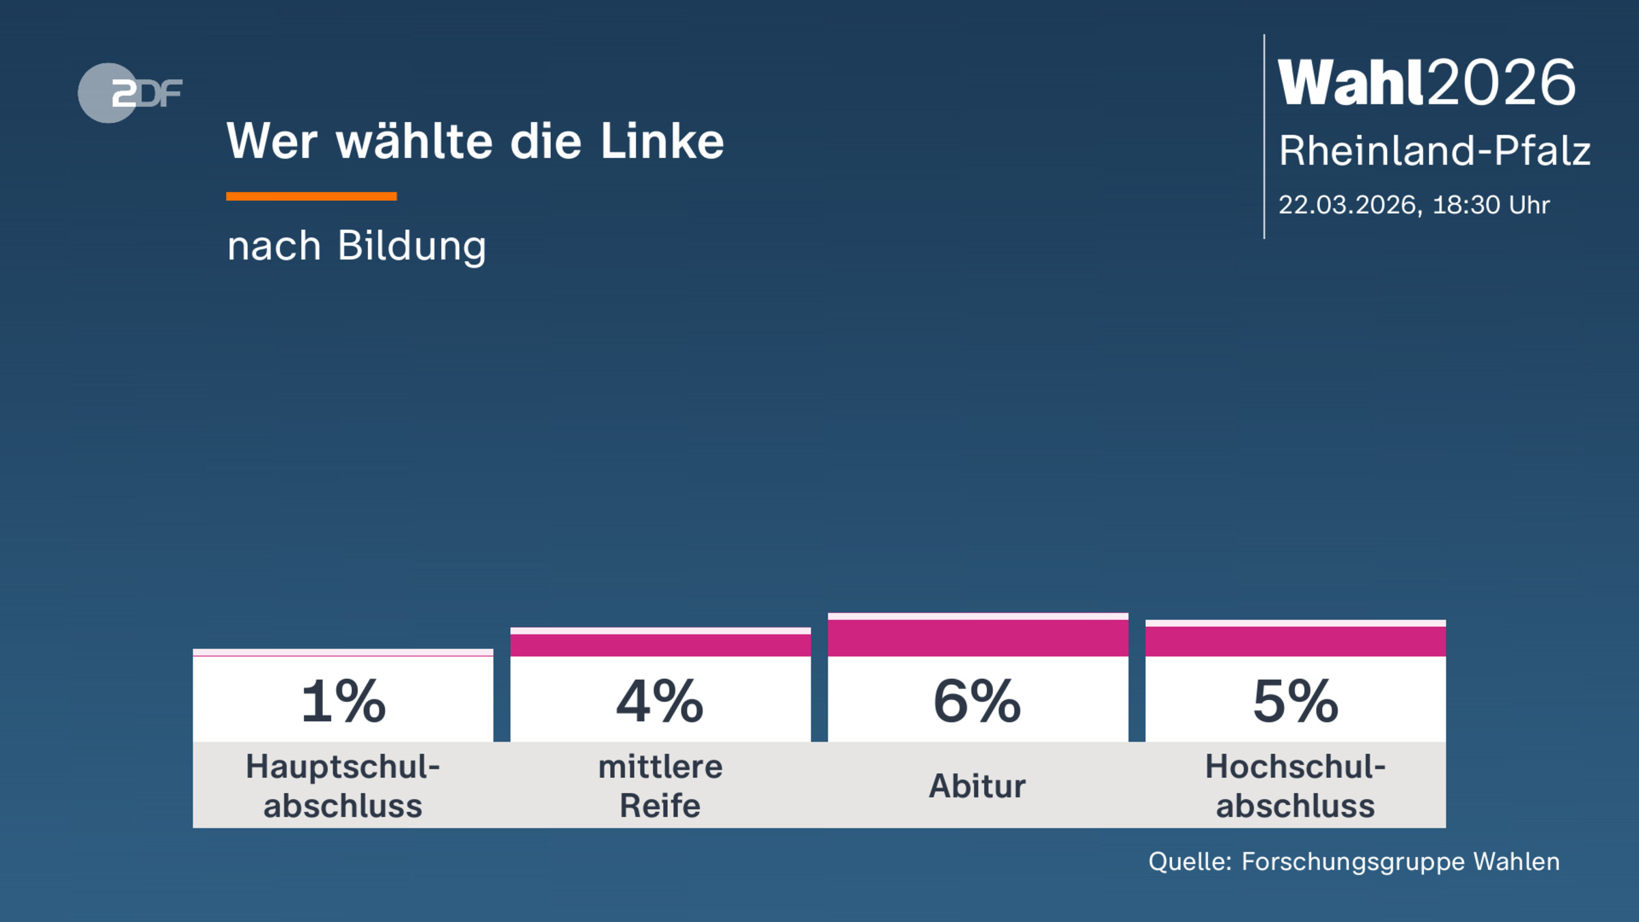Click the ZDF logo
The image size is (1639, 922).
[130, 93]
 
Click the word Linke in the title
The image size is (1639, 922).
[662, 142]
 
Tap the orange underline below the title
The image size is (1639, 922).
[311, 196]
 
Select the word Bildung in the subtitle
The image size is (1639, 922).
[412, 246]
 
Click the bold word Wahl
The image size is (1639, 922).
[1351, 83]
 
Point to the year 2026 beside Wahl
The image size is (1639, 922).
[1502, 83]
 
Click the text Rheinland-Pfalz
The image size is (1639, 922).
[1435, 150]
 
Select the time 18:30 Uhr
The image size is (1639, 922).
[1491, 205]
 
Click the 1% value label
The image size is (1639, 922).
[344, 701]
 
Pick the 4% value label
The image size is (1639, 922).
[660, 701]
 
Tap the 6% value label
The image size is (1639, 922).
[977, 701]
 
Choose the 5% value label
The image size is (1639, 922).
[1295, 701]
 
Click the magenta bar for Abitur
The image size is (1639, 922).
[978, 638]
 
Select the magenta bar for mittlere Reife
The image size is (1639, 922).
[660, 645]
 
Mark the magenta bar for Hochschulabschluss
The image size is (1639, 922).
[1295, 641]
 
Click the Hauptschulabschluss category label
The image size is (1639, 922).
[343, 785]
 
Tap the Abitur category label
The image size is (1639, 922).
[977, 785]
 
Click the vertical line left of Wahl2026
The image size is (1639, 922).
[1264, 137]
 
